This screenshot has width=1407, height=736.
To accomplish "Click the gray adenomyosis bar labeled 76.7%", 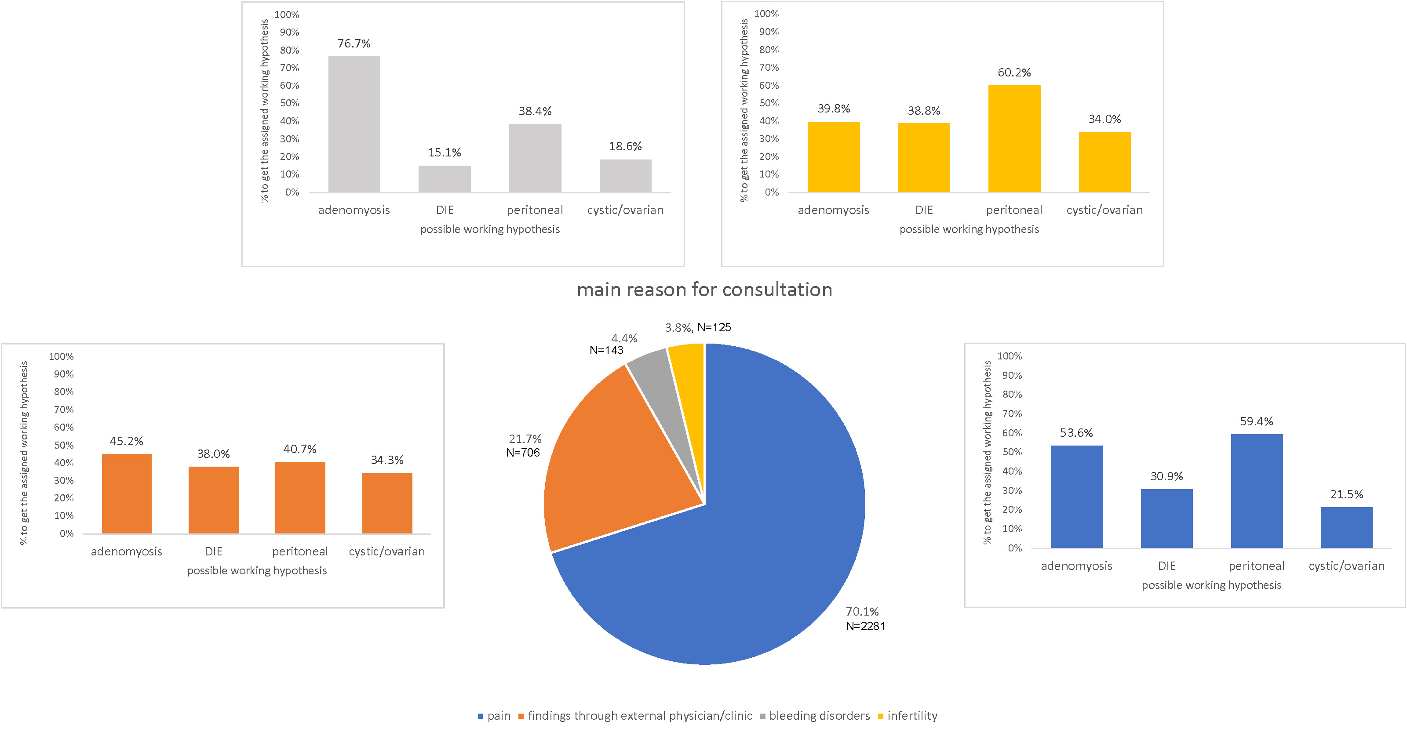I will coord(354,124).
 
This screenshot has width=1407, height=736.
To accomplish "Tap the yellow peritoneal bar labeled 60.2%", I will coord(1014,139).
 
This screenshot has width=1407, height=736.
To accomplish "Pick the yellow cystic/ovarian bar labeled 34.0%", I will coord(1104,162).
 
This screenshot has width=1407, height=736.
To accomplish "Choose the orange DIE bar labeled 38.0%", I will coord(214,500).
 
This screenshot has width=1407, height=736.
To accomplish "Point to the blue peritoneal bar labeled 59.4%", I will coord(1256,491).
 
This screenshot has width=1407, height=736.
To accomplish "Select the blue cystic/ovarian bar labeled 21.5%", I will coord(1346,527).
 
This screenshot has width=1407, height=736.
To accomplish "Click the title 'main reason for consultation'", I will coord(704,290).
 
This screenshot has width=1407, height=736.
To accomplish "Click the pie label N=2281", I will coord(865,626).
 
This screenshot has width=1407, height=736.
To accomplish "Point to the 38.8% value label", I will coord(924,111).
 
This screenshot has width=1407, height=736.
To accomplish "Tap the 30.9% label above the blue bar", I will coord(1166,476).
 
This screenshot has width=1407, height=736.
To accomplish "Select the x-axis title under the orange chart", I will coord(257,570).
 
